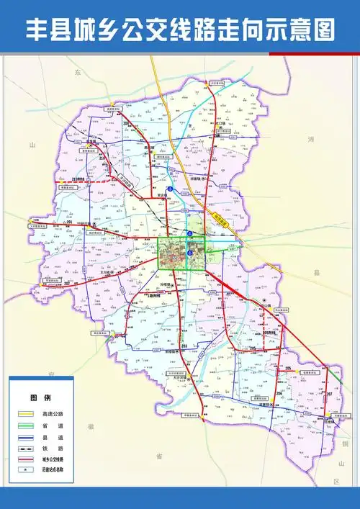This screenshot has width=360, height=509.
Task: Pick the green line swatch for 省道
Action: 25,425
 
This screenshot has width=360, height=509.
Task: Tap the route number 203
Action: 184,346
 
